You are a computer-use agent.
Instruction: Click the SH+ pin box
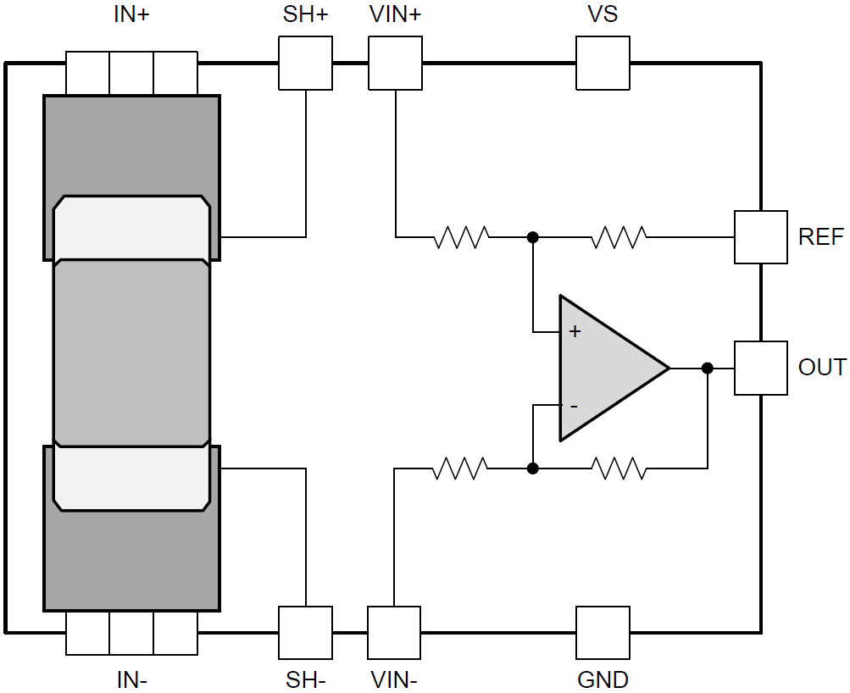tap(305, 64)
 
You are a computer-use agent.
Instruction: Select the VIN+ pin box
tap(395, 64)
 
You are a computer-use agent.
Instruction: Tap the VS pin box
tap(603, 64)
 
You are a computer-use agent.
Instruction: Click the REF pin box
tap(760, 237)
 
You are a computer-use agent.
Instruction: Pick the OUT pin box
tap(760, 368)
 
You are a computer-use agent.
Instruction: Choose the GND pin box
tap(603, 632)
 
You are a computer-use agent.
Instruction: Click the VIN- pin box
tap(394, 632)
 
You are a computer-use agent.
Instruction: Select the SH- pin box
tap(305, 632)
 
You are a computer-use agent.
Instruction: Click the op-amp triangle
tap(606, 369)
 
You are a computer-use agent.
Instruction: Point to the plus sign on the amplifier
tap(575, 331)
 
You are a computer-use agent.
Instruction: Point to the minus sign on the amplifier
tap(574, 406)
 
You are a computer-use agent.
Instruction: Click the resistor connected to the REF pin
tap(619, 237)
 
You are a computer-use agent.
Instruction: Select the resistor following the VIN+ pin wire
tap(461, 237)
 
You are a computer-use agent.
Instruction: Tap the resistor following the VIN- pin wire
tap(460, 468)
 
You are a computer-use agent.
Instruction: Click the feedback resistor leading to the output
tap(619, 468)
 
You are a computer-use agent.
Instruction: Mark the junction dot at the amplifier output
tap(708, 368)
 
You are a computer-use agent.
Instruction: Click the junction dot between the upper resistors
tap(532, 237)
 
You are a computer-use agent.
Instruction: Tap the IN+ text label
tap(131, 14)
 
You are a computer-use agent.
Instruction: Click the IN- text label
tap(131, 679)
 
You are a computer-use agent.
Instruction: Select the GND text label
tap(603, 679)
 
